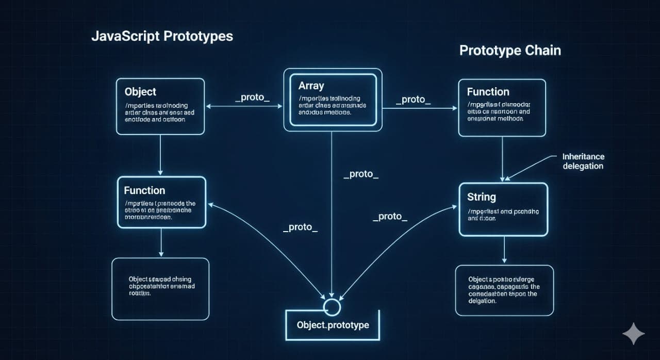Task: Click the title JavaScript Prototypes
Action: (x=162, y=37)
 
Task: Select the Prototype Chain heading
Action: (x=510, y=51)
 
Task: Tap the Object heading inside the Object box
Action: (x=140, y=92)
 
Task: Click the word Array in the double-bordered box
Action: (x=311, y=86)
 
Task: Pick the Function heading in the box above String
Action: (x=488, y=92)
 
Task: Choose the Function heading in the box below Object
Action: (x=144, y=191)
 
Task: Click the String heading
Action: (x=481, y=197)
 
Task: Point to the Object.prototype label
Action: (x=333, y=325)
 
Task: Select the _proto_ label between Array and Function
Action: (x=413, y=100)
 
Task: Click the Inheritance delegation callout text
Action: (x=583, y=161)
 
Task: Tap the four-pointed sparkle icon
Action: (x=633, y=334)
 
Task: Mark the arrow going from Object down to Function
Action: (x=161, y=155)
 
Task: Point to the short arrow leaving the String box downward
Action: (x=504, y=250)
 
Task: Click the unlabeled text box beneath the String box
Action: (x=504, y=290)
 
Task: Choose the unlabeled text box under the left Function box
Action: (x=160, y=289)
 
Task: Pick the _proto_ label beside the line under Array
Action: (x=361, y=174)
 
